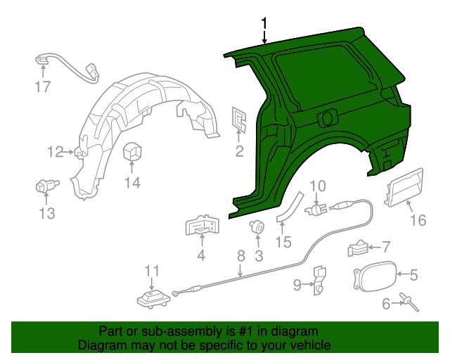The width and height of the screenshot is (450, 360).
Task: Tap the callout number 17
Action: pyautogui.click(x=44, y=87)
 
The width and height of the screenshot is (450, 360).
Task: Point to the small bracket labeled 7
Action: pyautogui.click(x=357, y=247)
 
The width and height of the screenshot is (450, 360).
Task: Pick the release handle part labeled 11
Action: pyautogui.click(x=152, y=298)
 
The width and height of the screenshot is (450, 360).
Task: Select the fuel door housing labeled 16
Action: pyautogui.click(x=405, y=188)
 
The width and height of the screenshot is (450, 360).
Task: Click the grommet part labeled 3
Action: pyautogui.click(x=258, y=226)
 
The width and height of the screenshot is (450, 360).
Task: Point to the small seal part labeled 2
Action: pyautogui.click(x=239, y=120)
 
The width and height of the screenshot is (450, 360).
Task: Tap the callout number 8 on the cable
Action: pyautogui.click(x=240, y=256)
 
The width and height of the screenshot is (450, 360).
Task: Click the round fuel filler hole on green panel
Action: pyautogui.click(x=328, y=117)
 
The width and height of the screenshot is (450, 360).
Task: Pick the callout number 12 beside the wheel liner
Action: pyautogui.click(x=56, y=151)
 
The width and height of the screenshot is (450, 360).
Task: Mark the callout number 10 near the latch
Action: pyautogui.click(x=318, y=186)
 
